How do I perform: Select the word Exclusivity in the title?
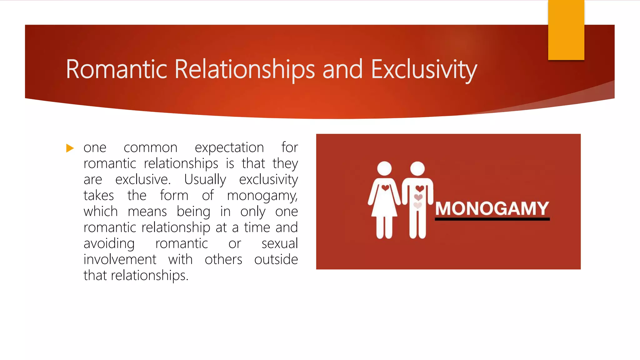424,70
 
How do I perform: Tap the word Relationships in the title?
244,70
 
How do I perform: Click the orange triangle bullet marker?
70,148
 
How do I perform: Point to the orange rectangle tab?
566,30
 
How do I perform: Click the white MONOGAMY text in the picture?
492,208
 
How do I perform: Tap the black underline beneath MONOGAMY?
492,219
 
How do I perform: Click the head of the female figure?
384,169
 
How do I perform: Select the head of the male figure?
417,169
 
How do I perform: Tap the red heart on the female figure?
385,188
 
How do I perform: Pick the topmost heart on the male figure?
420,188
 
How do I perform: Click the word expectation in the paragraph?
229,148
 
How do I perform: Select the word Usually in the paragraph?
205,180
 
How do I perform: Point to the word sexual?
280,243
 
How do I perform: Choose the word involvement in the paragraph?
120,259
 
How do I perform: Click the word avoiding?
109,244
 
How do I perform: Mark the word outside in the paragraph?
276,259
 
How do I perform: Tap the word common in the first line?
151,148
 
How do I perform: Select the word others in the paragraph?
223,259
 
